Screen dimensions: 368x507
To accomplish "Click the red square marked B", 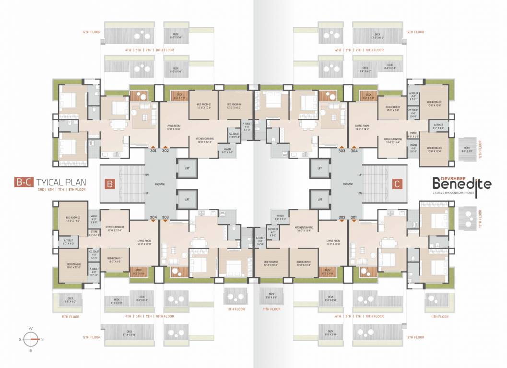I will click(109, 184).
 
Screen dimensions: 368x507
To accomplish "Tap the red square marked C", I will click(397, 184).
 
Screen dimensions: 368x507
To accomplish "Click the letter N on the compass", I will click(42, 339).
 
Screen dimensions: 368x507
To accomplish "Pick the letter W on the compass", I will click(31, 328).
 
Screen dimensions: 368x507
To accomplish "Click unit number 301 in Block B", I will click(153, 151).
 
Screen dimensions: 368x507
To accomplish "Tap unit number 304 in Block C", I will click(354, 151).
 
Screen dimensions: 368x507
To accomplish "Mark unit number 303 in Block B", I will click(165, 217).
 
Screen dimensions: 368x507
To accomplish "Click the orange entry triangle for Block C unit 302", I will click(342, 221).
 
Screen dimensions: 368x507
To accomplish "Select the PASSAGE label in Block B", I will click(160, 184).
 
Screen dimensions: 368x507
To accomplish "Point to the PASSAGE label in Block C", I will click(348, 184).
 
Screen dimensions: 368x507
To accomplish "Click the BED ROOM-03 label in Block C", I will click(434, 149).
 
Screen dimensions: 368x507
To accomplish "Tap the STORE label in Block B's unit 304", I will click(94, 232).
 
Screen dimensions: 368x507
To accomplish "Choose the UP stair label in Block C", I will click(360, 175).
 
